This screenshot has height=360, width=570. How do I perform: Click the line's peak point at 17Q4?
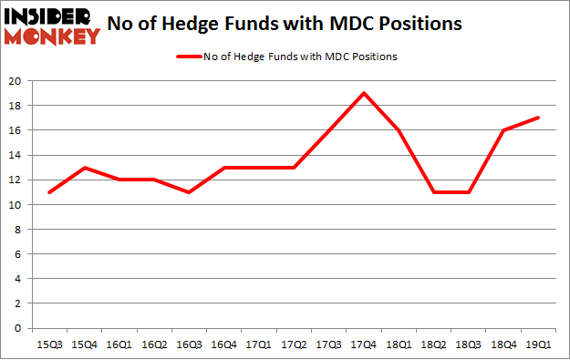363,93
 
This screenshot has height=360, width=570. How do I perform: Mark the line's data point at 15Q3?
48,192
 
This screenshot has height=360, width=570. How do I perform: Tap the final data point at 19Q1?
538,118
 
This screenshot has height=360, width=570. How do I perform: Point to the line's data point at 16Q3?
188,192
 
